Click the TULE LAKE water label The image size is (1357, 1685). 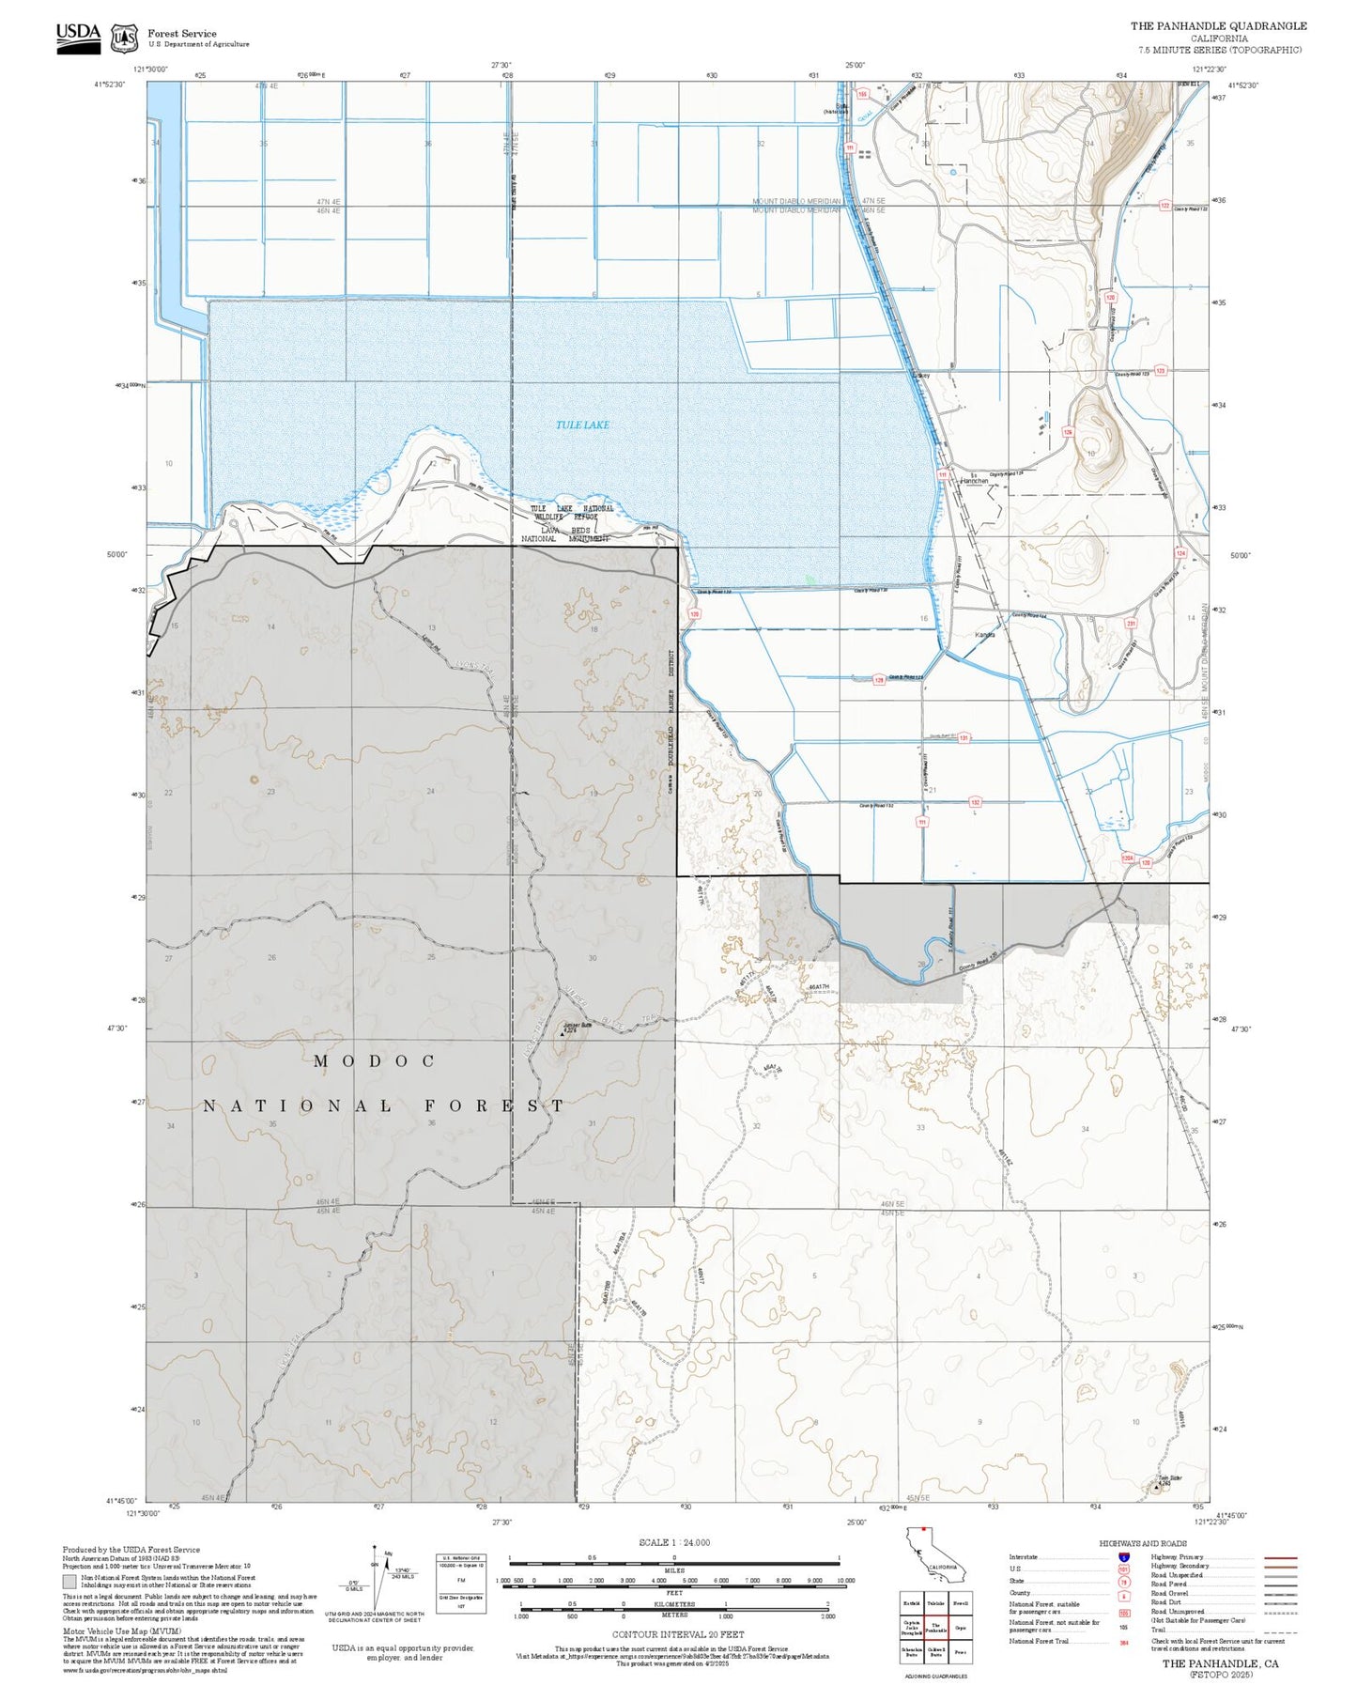click(582, 425)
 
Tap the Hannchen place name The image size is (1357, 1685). click(974, 481)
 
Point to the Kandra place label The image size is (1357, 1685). click(984, 635)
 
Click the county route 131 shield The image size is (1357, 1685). click(964, 738)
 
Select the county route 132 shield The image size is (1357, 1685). click(976, 802)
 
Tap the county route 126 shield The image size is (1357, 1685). click(1068, 432)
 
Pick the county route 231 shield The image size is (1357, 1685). click(1131, 624)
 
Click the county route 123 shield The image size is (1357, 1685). click(1160, 372)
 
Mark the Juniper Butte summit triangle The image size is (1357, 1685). click(563, 1033)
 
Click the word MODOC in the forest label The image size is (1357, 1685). click(375, 1061)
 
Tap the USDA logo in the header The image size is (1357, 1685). click(78, 35)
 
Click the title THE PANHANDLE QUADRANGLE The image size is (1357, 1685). click(1218, 26)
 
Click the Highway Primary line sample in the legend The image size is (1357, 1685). click(1280, 1557)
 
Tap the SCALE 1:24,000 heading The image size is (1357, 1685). click(674, 1542)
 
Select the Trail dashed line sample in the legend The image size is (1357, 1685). click(1280, 1632)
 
